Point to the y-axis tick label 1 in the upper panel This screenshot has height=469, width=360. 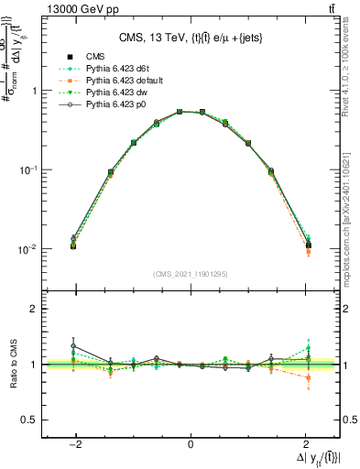pos(33,91)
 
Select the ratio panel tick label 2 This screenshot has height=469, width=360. pos(33,309)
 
